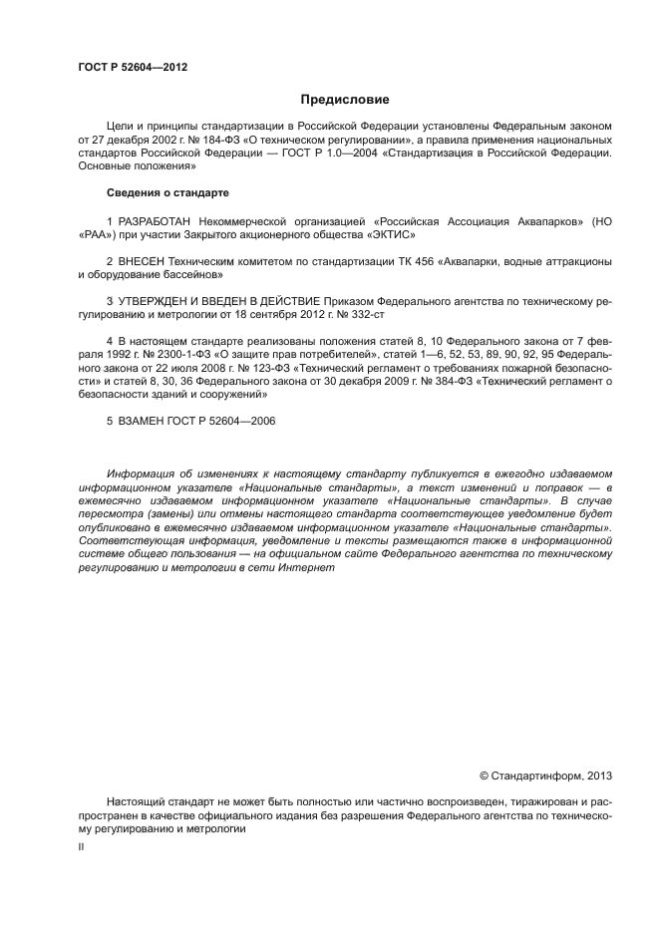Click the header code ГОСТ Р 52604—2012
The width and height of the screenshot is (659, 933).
click(x=132, y=67)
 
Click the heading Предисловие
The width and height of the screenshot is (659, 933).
click(x=344, y=100)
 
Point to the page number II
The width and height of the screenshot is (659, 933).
click(x=82, y=845)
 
